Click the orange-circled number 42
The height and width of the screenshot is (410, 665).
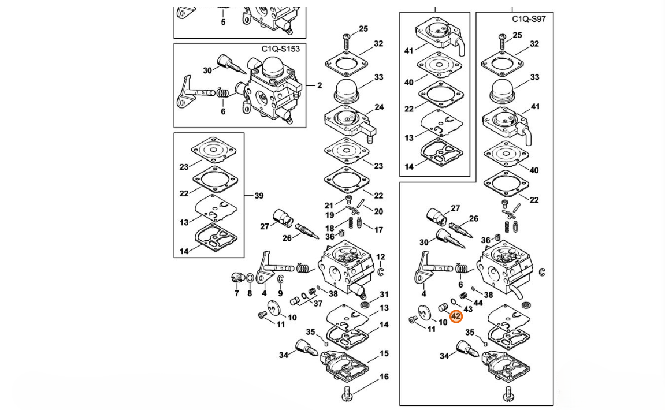(x=456, y=316)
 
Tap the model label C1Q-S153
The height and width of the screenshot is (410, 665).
(x=280, y=49)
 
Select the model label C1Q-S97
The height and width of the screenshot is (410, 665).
(x=528, y=19)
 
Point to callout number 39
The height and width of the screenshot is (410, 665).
(x=258, y=196)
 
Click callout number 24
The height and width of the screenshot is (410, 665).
(x=379, y=107)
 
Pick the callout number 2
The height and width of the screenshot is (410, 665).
(x=320, y=85)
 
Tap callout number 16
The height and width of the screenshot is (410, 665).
(x=384, y=377)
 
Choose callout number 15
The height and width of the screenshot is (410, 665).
(x=384, y=353)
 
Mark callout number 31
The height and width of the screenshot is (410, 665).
(x=384, y=295)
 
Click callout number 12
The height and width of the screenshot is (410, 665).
(x=380, y=257)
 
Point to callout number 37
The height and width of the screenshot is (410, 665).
(x=318, y=304)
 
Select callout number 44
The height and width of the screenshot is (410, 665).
(x=478, y=303)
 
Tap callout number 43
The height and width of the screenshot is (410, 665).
(x=468, y=309)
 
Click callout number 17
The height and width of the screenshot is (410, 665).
(x=378, y=230)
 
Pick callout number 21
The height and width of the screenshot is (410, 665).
(x=329, y=206)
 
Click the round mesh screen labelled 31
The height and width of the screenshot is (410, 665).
(x=365, y=304)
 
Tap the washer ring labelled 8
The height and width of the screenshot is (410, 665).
(x=250, y=278)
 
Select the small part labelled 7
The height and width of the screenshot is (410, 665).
(x=236, y=277)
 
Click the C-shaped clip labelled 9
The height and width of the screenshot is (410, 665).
(x=280, y=280)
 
